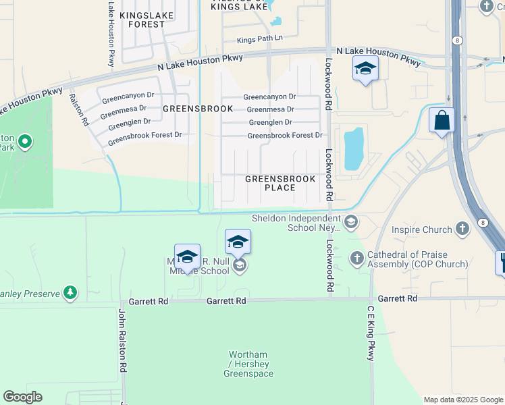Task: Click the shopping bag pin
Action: click(442, 121)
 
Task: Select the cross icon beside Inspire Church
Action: click(462, 229)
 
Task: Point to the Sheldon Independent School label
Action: click(296, 223)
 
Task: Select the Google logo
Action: click(22, 397)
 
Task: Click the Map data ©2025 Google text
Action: click(463, 400)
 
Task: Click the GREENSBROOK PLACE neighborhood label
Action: click(280, 184)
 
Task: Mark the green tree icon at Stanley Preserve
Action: click(69, 292)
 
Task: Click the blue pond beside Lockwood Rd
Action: click(352, 149)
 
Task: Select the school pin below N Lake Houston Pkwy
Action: click(365, 68)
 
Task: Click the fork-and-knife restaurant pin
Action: click(502, 262)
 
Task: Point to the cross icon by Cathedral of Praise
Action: click(356, 259)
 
